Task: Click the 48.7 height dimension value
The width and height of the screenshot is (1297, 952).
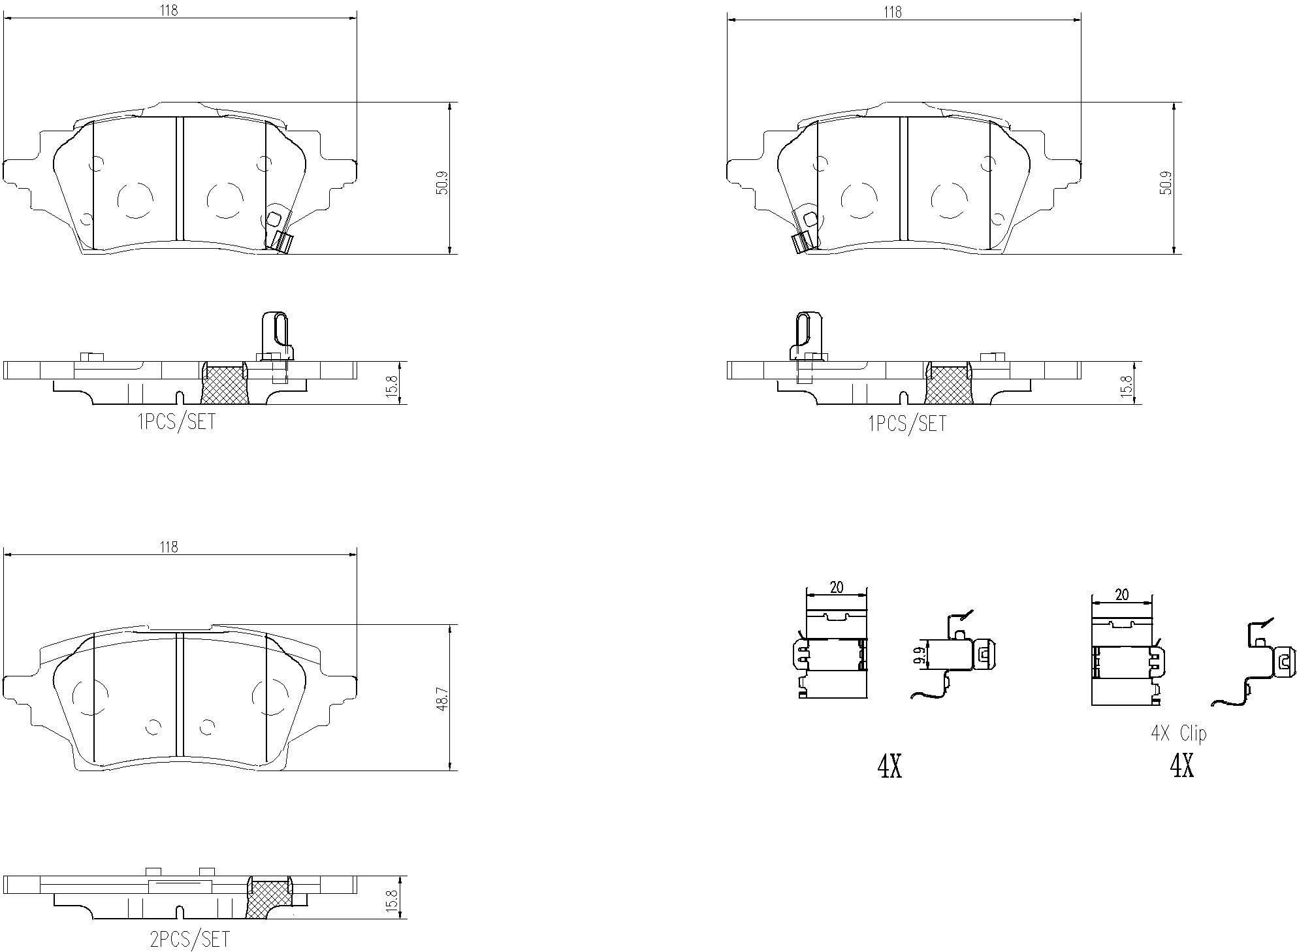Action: coord(442,698)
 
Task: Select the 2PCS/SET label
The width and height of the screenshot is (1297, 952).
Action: coord(189,940)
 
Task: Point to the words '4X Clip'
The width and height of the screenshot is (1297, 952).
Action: coord(1178,733)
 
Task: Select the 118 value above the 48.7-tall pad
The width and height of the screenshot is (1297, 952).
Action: coord(169,547)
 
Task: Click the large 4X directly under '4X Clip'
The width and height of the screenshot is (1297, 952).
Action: coord(1181,765)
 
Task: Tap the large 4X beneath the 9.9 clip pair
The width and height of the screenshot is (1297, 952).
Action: coord(889,767)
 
